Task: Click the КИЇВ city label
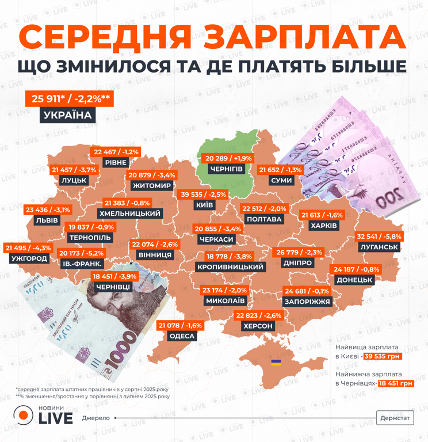click(205, 205)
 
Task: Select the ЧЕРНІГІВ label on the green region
click(226, 169)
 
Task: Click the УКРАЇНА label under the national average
click(68, 115)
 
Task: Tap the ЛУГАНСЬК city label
click(379, 247)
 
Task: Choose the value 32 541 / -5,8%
click(379, 236)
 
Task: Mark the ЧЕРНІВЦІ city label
click(114, 286)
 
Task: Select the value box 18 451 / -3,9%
click(114, 276)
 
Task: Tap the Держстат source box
click(395, 418)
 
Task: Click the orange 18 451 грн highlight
click(396, 383)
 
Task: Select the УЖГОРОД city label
click(29, 258)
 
